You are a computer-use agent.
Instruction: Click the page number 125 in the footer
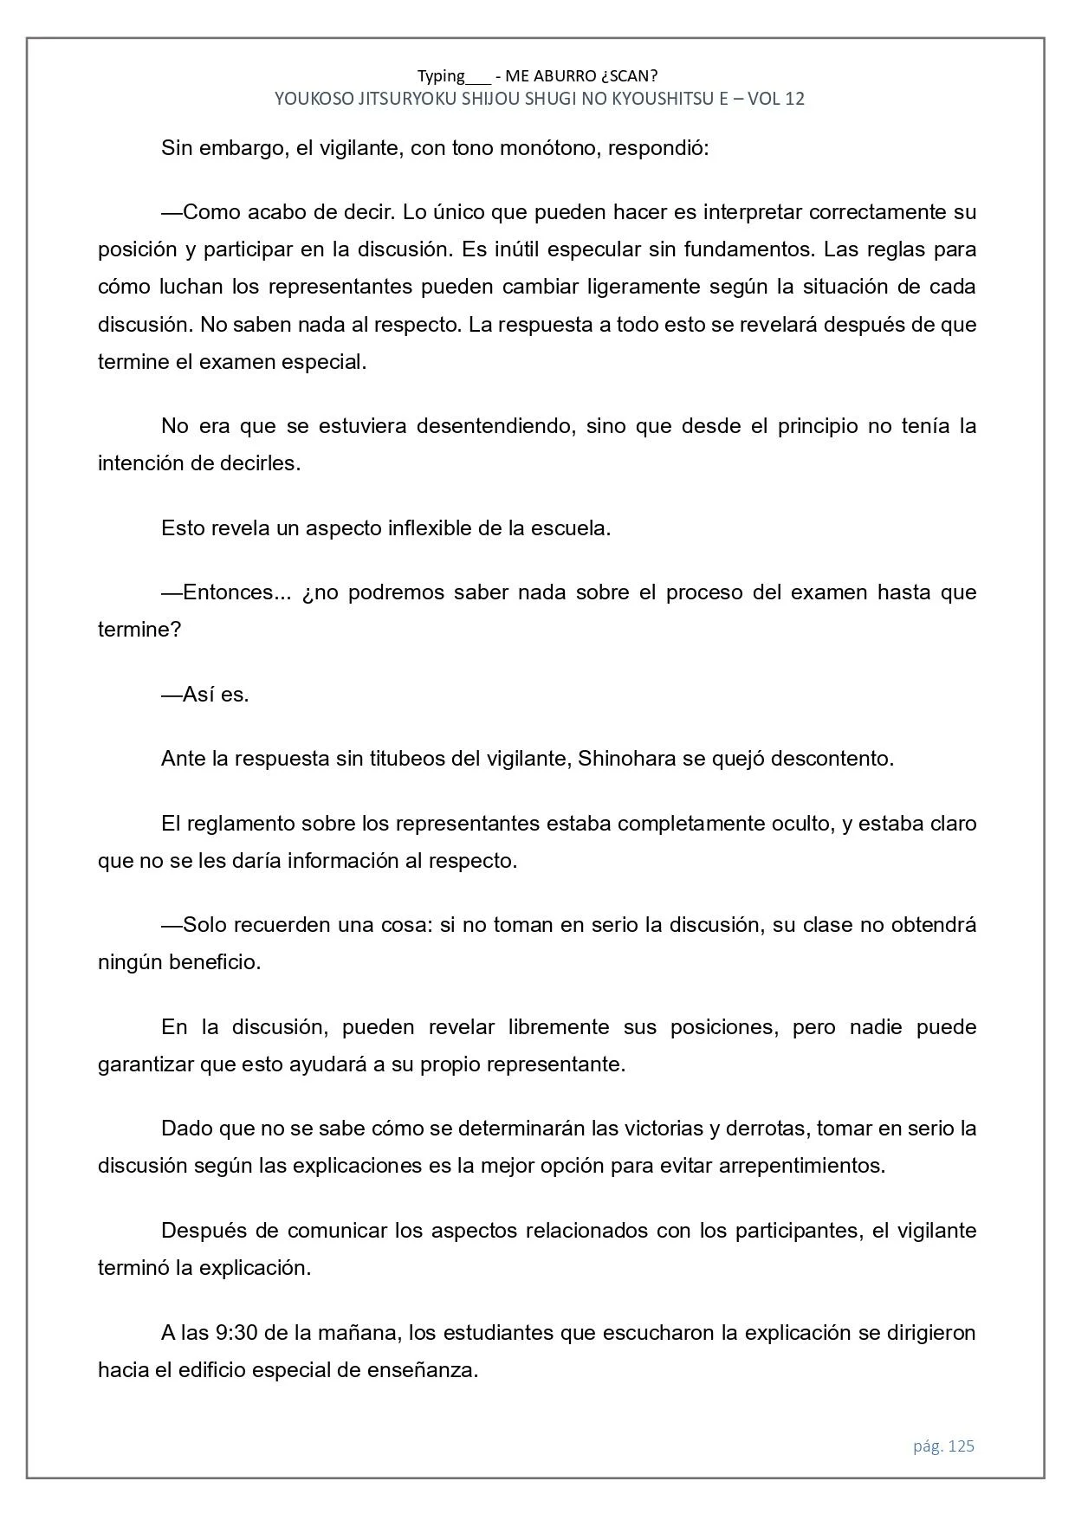tap(961, 1446)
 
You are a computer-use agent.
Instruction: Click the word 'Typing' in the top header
tap(441, 76)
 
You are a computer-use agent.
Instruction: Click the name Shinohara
tap(626, 759)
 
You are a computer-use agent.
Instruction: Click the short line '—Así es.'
tap(205, 695)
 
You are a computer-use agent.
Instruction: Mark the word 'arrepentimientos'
tap(801, 1166)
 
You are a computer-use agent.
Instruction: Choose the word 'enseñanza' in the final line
tap(430, 1370)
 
